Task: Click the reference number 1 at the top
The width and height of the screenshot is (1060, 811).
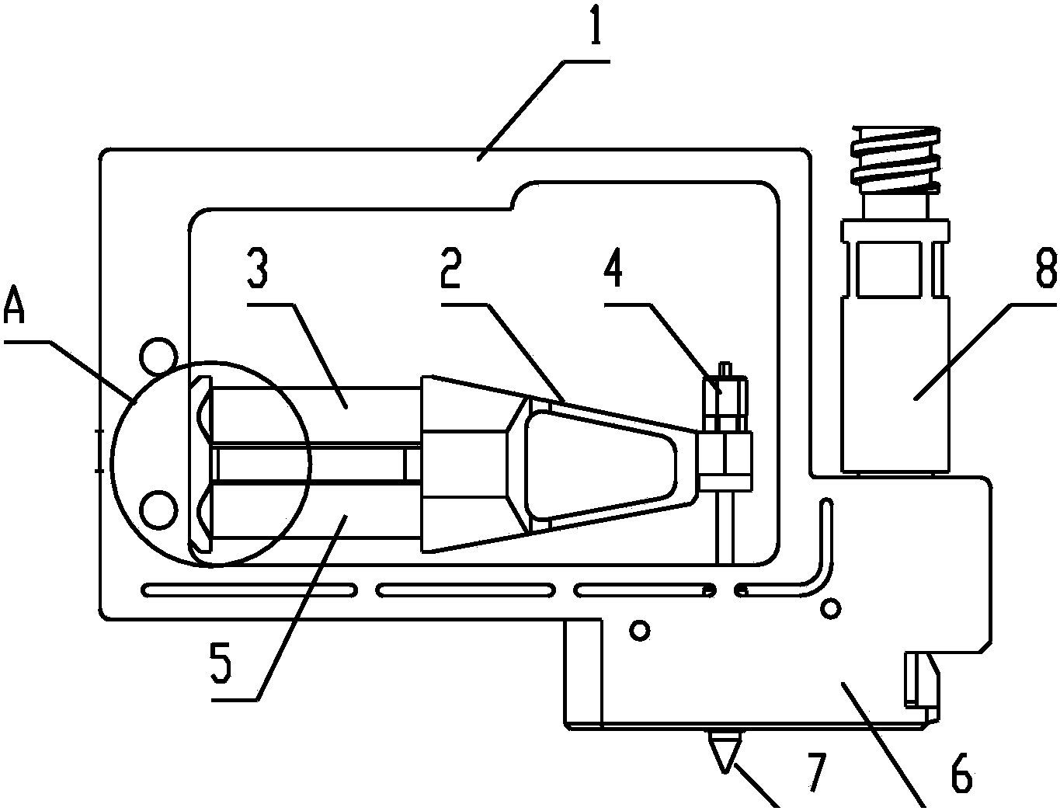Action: [596, 24]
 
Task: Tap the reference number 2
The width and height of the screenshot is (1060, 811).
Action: [451, 269]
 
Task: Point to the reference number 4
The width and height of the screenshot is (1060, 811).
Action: [613, 269]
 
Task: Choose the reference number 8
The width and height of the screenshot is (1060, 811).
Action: [1046, 269]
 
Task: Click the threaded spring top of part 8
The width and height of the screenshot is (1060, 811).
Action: [895, 158]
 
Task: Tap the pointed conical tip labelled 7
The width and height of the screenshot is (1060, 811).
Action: [725, 752]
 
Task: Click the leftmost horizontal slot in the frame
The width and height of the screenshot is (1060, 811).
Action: [249, 590]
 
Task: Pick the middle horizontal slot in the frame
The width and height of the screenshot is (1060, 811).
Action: [465, 590]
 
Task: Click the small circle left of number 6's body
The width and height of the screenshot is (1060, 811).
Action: [640, 630]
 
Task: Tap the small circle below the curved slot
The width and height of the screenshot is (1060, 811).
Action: [831, 608]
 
